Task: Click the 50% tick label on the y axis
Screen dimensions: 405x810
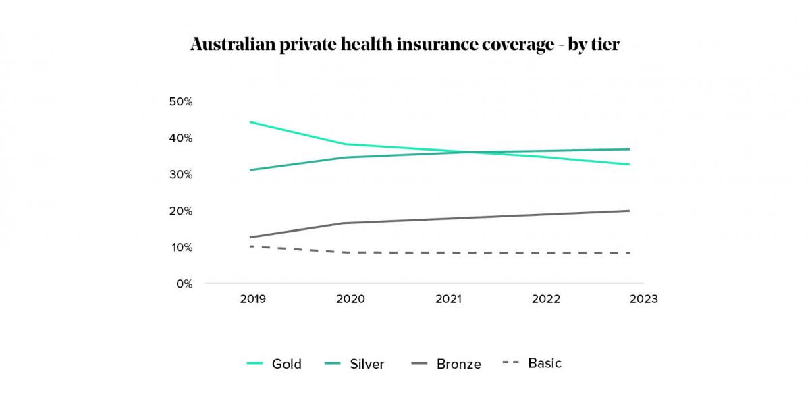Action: tap(180, 101)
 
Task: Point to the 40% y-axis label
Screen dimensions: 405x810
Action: tap(180, 138)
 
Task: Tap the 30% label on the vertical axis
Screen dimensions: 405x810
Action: tap(180, 174)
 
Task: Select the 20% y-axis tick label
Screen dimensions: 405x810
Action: tap(180, 211)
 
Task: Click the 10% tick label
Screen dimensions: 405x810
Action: tap(180, 247)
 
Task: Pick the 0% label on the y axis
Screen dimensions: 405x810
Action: tap(184, 283)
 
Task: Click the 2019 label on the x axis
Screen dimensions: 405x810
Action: tap(253, 299)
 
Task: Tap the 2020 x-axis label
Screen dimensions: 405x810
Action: tap(350, 299)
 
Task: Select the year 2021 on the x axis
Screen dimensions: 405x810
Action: tap(448, 299)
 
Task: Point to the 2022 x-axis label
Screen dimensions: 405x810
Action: tap(545, 299)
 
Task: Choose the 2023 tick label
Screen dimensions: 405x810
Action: tap(643, 299)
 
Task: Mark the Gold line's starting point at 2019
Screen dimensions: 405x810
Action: tap(250, 122)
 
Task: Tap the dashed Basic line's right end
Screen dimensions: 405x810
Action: tap(629, 253)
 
